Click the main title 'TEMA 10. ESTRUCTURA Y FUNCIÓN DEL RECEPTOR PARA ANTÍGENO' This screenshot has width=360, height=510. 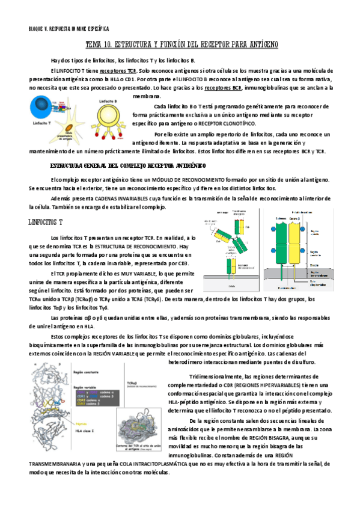182,45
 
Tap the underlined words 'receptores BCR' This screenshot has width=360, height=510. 222,87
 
